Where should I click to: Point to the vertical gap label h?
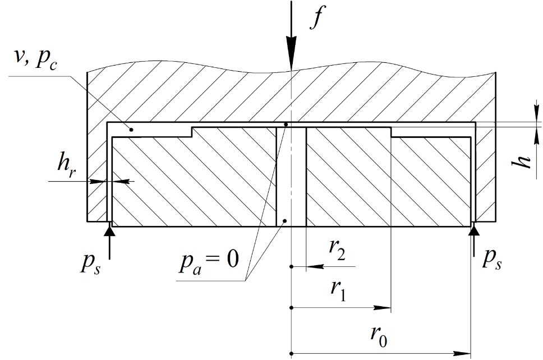[522, 161]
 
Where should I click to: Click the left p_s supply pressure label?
[90, 266]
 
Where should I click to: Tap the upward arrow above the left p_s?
[109, 241]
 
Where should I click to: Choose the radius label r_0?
[379, 336]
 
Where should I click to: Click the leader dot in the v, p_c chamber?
[131, 130]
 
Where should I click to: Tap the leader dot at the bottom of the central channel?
[284, 220]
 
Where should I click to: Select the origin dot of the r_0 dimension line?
[292, 353]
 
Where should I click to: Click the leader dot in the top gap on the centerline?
[286, 124]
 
